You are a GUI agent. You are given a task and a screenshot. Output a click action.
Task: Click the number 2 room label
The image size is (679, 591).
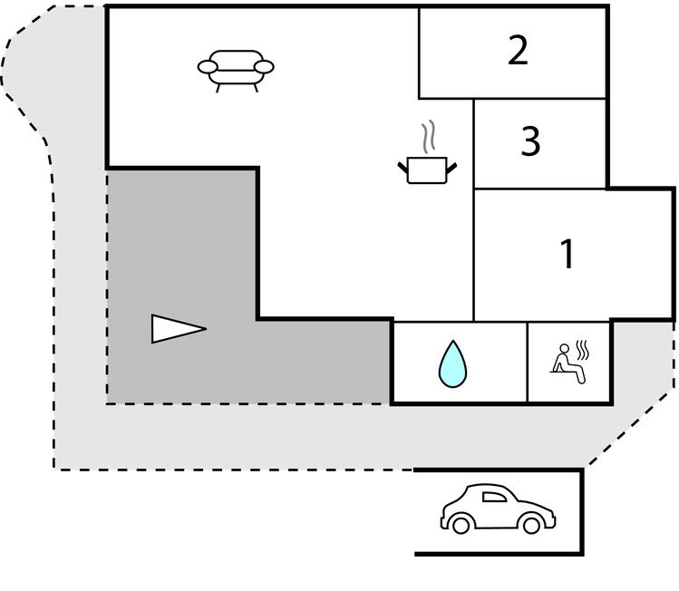coord(518,51)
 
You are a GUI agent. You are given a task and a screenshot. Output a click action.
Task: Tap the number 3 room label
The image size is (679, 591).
coord(530,141)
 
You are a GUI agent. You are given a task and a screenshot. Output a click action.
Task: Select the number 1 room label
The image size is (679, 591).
coord(567,255)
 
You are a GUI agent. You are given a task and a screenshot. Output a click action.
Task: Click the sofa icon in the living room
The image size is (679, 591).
coord(236,69)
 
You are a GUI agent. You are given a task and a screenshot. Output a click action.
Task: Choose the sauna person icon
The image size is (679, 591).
coord(569,359)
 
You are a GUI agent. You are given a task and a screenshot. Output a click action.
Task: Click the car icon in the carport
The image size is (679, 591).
coord(498,509)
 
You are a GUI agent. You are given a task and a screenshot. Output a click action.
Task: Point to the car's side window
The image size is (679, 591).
coord(495,496)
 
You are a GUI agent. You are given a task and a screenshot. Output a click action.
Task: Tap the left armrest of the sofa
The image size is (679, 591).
coord(208,66)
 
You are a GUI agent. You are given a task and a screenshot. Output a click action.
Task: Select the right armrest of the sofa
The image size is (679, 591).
coord(265,66)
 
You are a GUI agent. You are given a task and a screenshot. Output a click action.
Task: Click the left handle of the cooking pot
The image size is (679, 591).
coord(403,166)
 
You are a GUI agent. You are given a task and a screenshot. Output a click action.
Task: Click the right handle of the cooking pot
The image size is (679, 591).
coord(451,166)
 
